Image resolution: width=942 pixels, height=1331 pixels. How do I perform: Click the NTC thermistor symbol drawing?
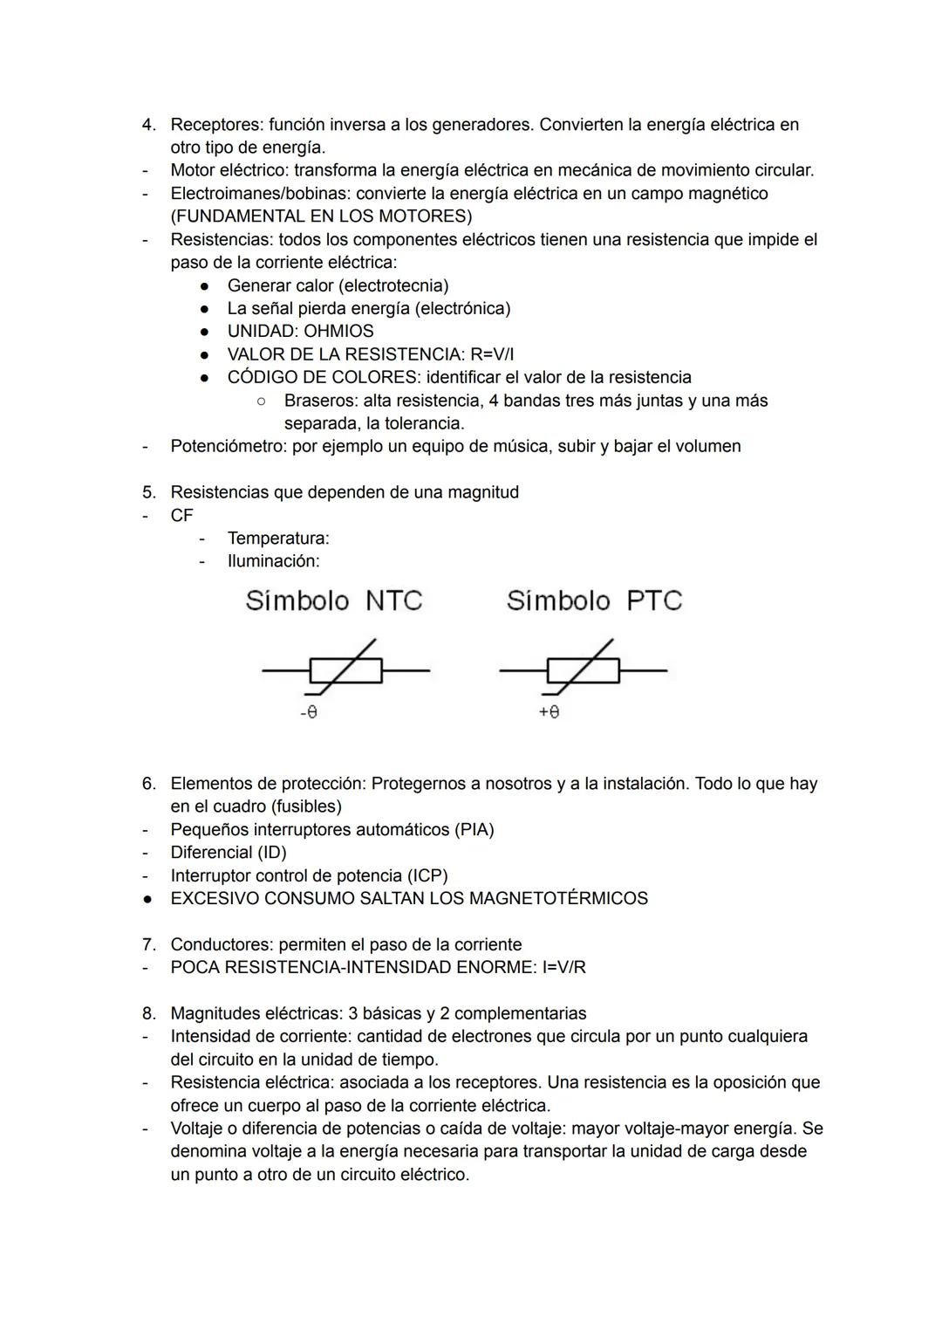click(345, 670)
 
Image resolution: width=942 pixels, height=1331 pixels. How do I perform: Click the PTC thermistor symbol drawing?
click(583, 670)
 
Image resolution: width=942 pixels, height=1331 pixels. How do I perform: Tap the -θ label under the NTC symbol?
click(309, 712)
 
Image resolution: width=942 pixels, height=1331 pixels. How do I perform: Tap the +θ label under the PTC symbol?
click(549, 712)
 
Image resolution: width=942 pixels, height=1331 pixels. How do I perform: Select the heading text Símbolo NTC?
click(333, 600)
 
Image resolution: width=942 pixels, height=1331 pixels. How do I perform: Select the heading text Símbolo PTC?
click(594, 600)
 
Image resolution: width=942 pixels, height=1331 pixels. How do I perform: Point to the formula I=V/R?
click(558, 967)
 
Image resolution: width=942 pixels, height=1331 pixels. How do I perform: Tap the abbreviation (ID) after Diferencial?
click(271, 852)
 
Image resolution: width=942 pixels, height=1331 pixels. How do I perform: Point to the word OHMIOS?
click(338, 331)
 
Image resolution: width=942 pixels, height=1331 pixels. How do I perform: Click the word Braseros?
click(321, 401)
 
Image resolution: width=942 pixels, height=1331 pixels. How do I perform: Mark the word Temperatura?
click(277, 539)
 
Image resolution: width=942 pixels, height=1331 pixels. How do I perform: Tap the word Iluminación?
click(273, 561)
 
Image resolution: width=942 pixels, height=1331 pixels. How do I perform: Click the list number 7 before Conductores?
click(148, 944)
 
